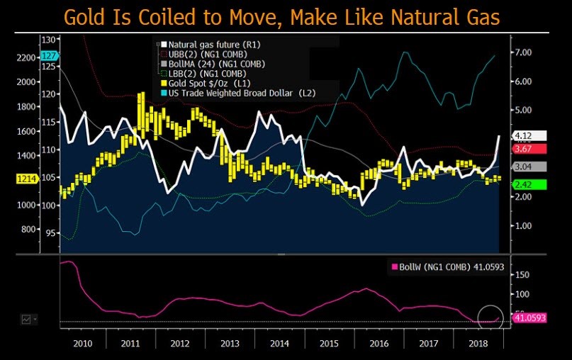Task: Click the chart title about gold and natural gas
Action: coord(285,16)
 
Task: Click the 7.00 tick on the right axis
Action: coord(522,52)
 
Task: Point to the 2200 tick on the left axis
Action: coord(25,57)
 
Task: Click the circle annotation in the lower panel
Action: coord(490,317)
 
